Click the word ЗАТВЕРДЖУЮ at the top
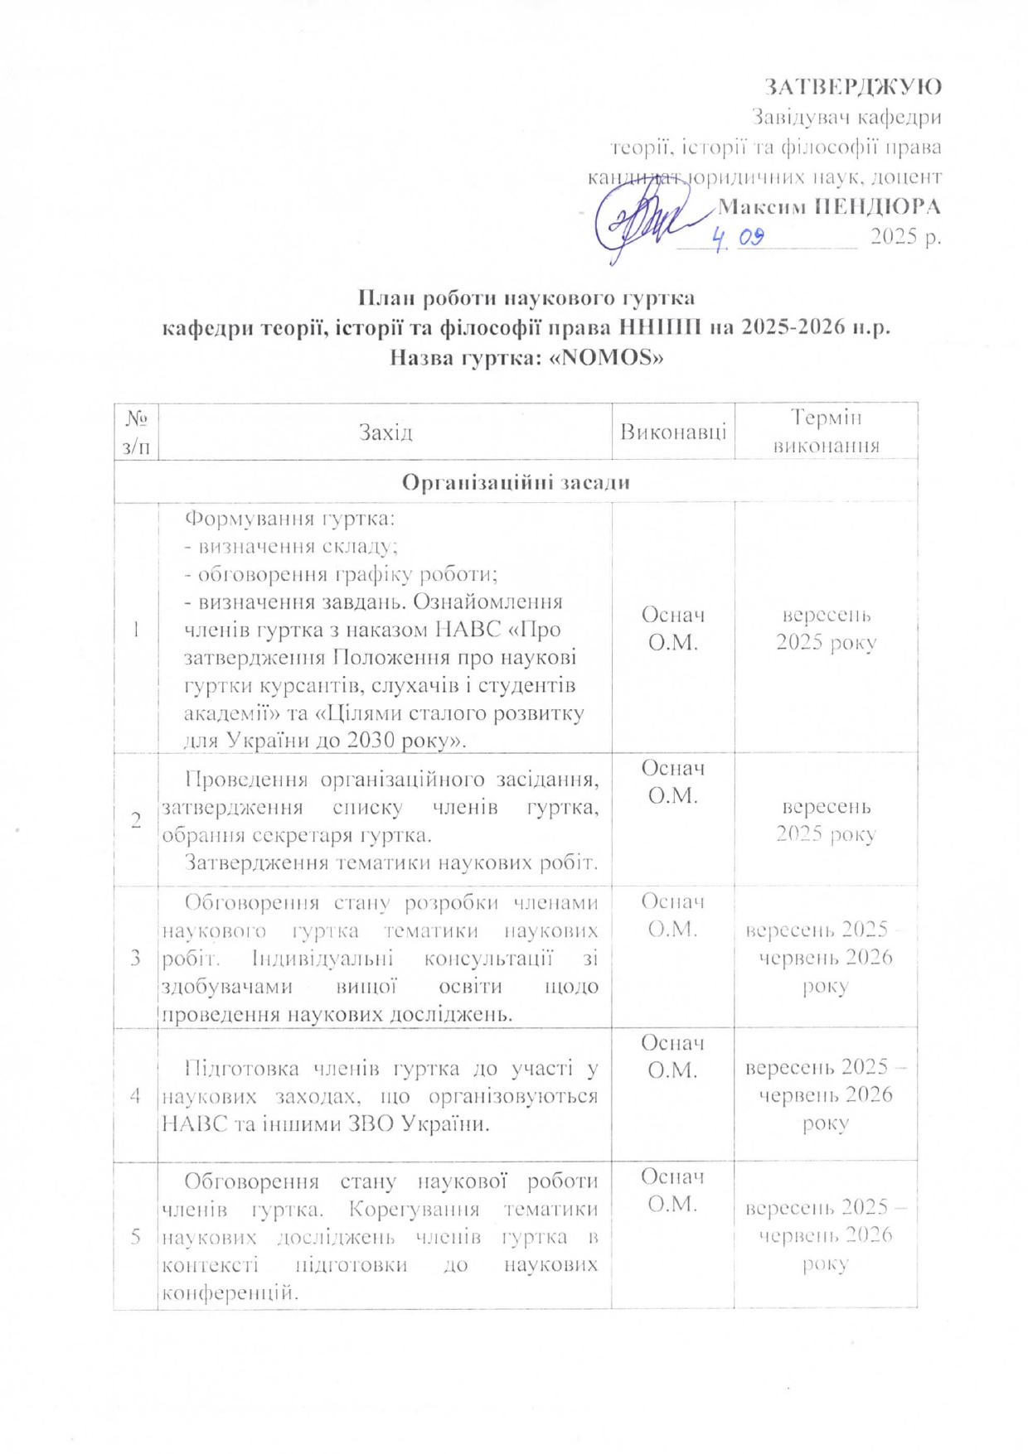852,87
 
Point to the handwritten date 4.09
739,239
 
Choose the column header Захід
385,432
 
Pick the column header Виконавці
673,432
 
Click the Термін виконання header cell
826,432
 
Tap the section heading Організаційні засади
516,481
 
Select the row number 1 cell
136,629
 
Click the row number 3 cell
136,958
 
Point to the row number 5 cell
136,1236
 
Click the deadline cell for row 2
826,819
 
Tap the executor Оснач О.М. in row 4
673,1056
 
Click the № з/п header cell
136,432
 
